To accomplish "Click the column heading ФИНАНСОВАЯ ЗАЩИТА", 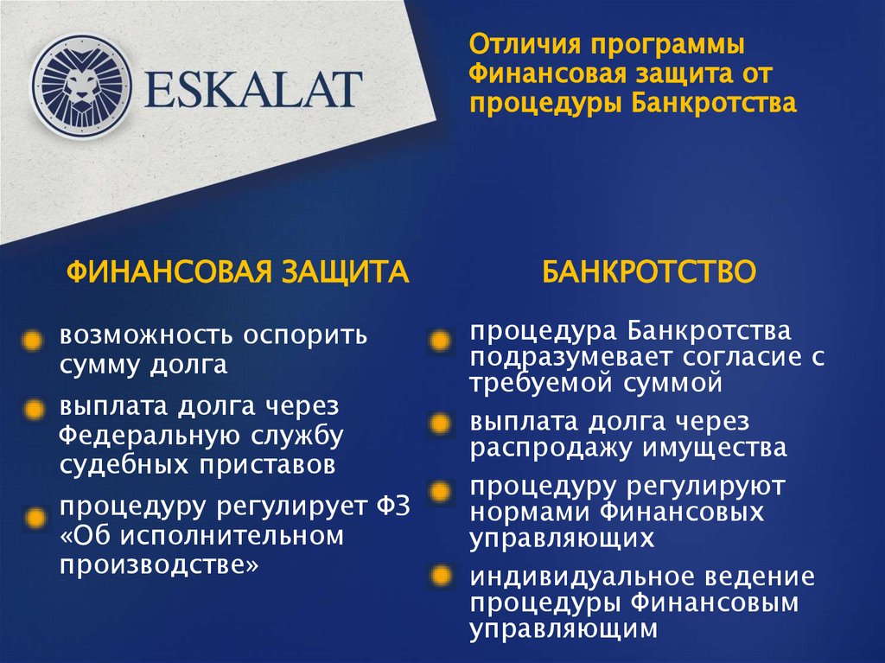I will (x=238, y=272).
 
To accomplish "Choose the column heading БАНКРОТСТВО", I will (x=649, y=272).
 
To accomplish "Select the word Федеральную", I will (x=154, y=436).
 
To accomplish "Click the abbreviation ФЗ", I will (x=390, y=506).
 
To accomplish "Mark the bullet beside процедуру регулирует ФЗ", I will (x=35, y=518).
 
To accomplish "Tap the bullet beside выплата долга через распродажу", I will (x=441, y=424).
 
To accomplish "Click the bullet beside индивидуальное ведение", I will (x=441, y=576).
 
